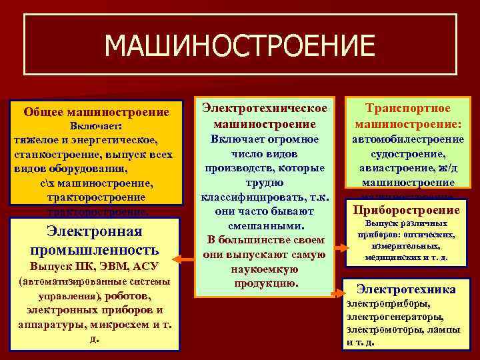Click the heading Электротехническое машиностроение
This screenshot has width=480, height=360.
[x=265, y=115]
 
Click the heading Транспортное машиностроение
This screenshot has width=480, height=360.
[x=409, y=115]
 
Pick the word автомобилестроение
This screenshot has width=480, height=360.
[x=409, y=139]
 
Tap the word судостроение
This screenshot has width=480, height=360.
[x=409, y=153]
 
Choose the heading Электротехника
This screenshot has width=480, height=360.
[x=406, y=289]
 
